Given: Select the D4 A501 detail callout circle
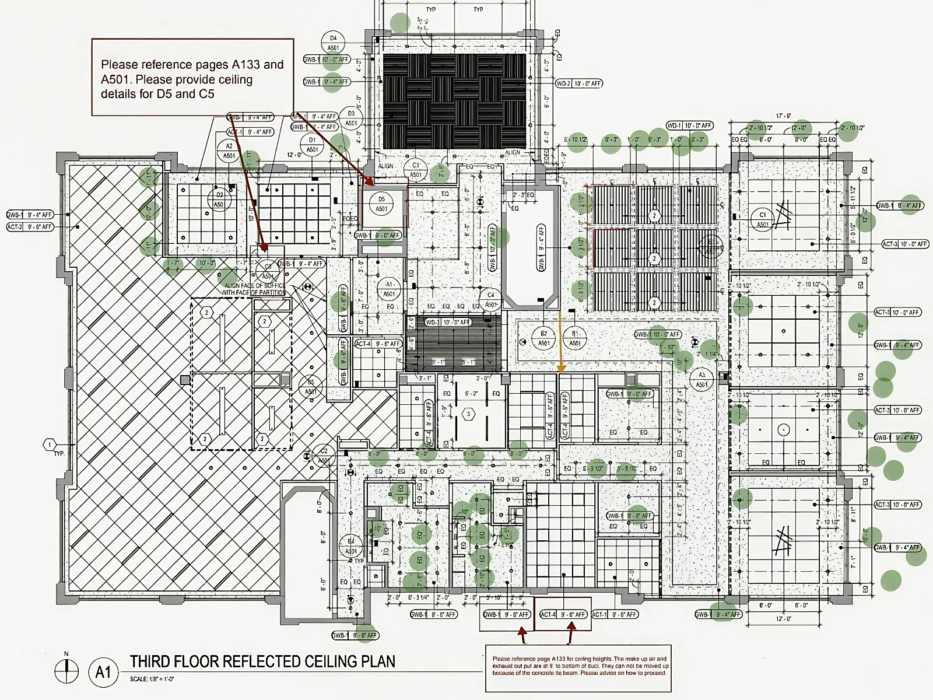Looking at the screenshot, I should click(334, 43).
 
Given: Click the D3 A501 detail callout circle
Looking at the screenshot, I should click(351, 118).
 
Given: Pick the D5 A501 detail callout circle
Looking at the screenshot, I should click(381, 204).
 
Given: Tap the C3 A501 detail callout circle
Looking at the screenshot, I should click(415, 170).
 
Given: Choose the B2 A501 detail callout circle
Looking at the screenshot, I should click(543, 338).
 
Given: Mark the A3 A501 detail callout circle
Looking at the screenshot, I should click(701, 380).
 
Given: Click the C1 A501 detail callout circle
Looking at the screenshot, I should click(762, 219).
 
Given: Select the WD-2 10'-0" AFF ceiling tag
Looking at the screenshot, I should click(578, 84).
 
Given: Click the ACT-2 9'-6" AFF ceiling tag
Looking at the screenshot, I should click(30, 227).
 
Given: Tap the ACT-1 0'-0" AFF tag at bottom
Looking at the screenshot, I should click(615, 614).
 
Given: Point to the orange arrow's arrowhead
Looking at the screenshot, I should click(562, 369).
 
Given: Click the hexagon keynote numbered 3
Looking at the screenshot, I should click(468, 414).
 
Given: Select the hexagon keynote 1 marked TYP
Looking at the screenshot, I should click(49, 445).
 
